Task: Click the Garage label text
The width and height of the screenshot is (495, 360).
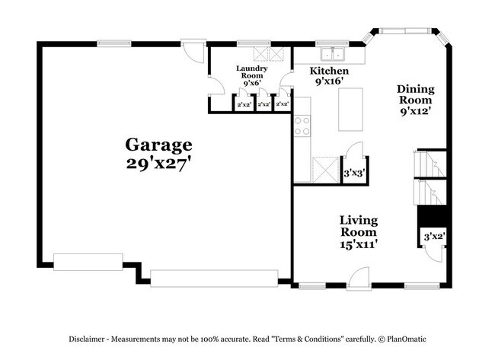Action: [158, 144]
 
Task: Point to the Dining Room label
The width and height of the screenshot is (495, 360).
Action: [415, 94]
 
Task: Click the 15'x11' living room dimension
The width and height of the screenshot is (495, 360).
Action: [359, 244]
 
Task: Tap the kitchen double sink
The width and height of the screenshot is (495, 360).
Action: [332, 55]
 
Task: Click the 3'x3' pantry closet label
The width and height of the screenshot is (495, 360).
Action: [354, 174]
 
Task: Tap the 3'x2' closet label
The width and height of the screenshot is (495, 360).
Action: [433, 237]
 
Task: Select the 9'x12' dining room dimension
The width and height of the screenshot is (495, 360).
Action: [415, 110]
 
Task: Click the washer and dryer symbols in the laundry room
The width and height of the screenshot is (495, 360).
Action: [270, 54]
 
